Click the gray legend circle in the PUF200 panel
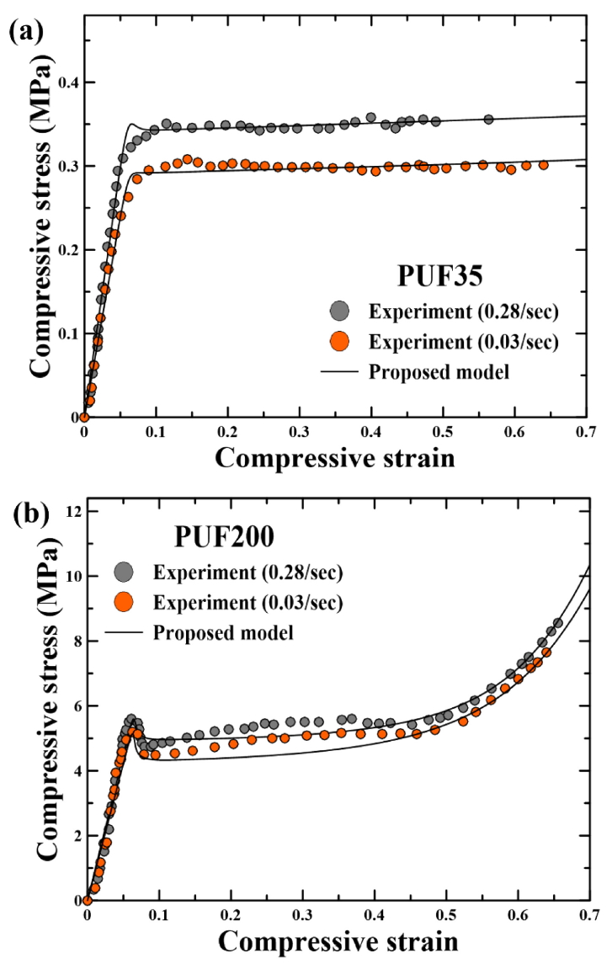tap(123, 572)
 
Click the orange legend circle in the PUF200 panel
tap(123, 602)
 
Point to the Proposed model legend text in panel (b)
tap(223, 632)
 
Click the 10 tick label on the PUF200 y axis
tap(67, 577)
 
